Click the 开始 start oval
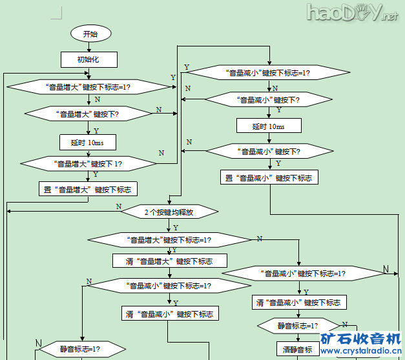tap(90, 34)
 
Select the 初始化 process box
tap(89, 59)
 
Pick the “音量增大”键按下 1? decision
tap(88, 163)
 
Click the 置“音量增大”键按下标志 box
tap(88, 189)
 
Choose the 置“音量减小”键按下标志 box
tap(267, 177)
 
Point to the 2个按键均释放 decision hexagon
tap(169, 212)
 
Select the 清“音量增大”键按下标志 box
tap(170, 261)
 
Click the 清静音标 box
tap(297, 350)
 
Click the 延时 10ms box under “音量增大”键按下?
tap(90, 141)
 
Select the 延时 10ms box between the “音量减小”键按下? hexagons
tap(268, 126)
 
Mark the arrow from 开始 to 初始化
tap(90, 46)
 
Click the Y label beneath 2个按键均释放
tap(176, 227)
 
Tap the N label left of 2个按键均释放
tap(119, 206)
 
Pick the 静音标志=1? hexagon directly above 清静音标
tap(298, 326)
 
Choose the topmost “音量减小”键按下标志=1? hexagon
tap(267, 73)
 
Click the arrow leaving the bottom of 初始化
tap(90, 73)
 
